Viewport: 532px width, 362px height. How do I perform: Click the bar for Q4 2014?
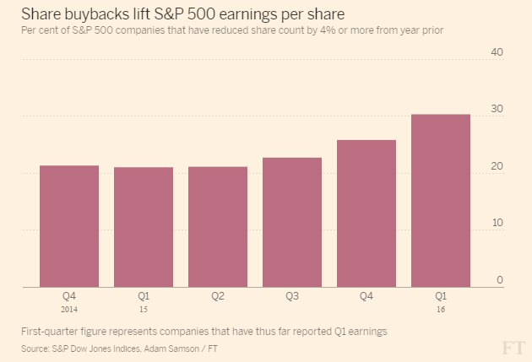click(x=69, y=226)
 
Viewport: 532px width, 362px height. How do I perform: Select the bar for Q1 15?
click(x=144, y=227)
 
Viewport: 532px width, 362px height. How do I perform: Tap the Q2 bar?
click(x=218, y=227)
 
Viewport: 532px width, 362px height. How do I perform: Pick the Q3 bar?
click(x=292, y=222)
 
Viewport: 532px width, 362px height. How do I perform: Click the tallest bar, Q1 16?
click(x=441, y=201)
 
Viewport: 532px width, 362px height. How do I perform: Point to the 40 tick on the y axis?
click(x=497, y=52)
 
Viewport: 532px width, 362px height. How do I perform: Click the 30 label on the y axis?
click(x=497, y=110)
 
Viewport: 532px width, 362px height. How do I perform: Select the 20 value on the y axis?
click(x=497, y=166)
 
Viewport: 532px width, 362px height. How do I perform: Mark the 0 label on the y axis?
click(x=500, y=279)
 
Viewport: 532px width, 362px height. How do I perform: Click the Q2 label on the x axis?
click(x=218, y=296)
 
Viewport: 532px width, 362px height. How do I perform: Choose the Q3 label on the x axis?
click(x=292, y=296)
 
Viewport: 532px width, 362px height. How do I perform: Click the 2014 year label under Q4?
click(x=69, y=309)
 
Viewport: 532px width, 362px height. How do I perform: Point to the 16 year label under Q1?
click(x=441, y=309)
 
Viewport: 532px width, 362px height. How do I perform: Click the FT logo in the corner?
click(x=513, y=348)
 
